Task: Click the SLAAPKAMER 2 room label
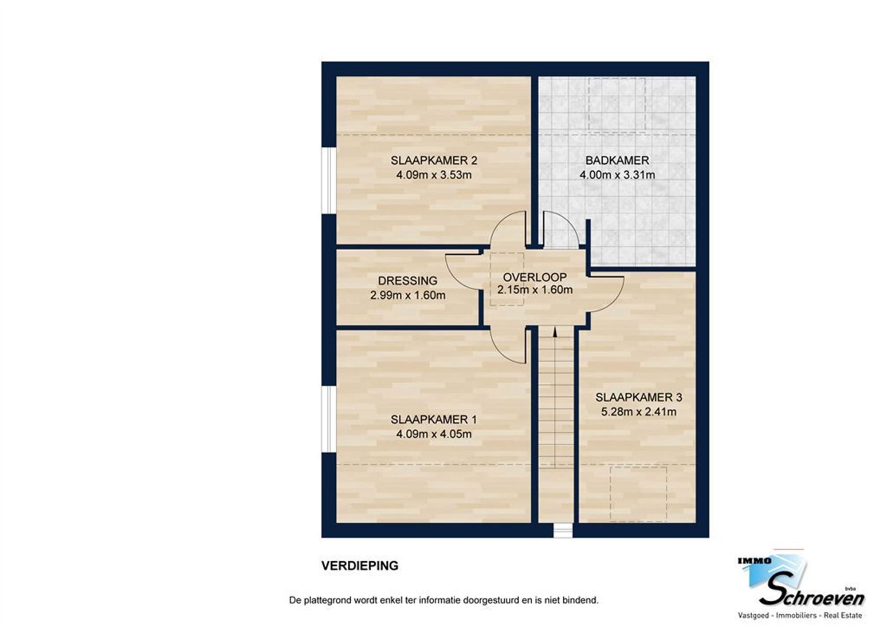(x=434, y=160)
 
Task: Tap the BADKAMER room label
(x=617, y=160)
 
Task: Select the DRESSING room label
(x=408, y=280)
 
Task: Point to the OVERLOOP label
(x=534, y=277)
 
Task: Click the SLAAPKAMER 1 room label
(x=434, y=419)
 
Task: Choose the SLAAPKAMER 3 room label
(x=639, y=397)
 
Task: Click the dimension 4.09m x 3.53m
(x=434, y=175)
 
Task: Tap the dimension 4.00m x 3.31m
(x=617, y=175)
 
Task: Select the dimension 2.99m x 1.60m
(x=408, y=295)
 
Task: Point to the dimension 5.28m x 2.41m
(x=639, y=412)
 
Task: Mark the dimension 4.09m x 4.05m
(x=434, y=434)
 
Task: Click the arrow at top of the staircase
(x=555, y=331)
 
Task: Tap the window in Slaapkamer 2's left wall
(x=329, y=180)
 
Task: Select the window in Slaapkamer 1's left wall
(x=329, y=419)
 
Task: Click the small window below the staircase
(x=563, y=531)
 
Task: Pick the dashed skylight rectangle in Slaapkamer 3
(x=638, y=493)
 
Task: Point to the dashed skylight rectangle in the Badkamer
(x=616, y=104)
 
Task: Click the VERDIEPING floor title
(x=360, y=566)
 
